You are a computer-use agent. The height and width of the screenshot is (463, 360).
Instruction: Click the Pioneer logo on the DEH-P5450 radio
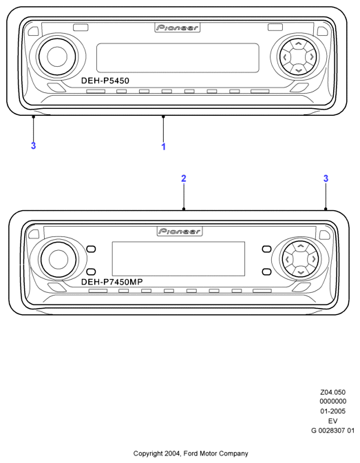178,28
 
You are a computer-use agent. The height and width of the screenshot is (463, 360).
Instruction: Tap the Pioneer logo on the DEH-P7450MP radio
180,231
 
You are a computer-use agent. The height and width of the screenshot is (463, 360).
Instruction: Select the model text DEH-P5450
105,81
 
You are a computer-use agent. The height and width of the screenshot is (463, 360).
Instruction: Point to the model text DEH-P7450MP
112,282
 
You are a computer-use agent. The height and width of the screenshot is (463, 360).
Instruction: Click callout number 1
163,147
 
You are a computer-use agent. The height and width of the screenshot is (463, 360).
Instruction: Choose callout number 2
184,178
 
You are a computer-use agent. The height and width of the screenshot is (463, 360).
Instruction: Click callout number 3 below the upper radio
33,145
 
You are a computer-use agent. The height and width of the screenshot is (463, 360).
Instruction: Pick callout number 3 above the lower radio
326,178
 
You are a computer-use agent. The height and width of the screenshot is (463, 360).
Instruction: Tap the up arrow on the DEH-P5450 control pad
299,44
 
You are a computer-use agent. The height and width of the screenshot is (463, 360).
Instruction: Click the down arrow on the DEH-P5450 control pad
299,70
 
